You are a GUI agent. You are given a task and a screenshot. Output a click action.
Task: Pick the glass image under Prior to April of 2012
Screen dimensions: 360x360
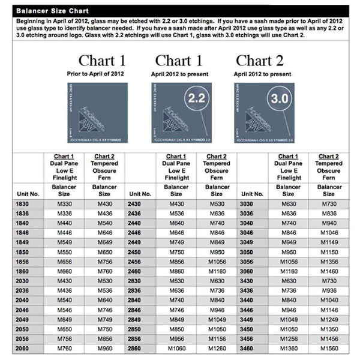tap(97, 112)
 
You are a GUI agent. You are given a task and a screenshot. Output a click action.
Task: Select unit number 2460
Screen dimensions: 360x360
tap(135, 271)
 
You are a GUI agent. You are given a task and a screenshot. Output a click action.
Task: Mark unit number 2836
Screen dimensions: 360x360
tap(135, 290)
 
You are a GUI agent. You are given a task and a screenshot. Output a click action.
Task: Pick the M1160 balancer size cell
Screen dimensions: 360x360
tap(217, 271)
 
